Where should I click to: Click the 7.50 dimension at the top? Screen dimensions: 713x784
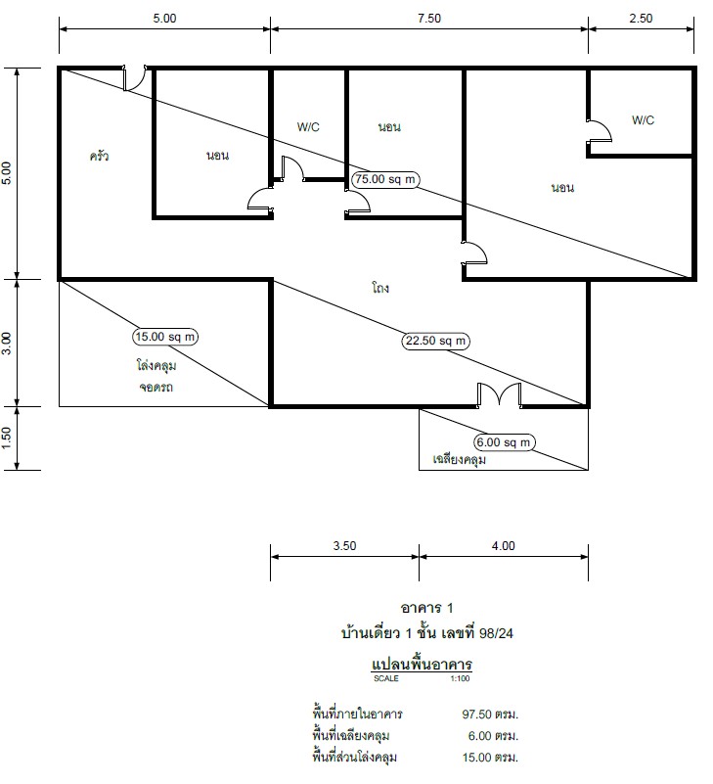pos(429,19)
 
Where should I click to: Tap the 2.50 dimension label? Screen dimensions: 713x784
pos(641,19)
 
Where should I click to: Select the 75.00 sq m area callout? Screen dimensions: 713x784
pos(385,179)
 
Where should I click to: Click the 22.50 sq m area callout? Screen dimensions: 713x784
pos(435,341)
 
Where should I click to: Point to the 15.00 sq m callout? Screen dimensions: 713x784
pos(165,337)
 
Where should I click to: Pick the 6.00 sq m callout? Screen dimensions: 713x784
pos(504,442)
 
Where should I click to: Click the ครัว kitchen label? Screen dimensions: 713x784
pos(99,156)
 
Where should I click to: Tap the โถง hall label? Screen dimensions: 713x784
pos(380,288)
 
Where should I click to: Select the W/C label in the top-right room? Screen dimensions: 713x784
pos(643,120)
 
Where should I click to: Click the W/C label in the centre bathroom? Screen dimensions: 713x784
pos(308,127)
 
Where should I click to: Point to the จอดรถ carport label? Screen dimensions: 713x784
pos(156,387)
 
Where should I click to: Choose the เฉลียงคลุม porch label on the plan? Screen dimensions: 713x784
pos(459,459)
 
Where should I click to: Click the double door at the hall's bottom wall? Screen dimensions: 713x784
pos(499,395)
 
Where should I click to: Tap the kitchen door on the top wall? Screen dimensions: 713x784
pos(134,77)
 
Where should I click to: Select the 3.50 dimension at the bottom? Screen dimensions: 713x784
pos(344,545)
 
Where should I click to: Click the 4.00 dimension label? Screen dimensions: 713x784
pos(503,545)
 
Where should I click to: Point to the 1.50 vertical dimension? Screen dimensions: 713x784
pos(7,438)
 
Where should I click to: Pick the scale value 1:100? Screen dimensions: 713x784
pos(460,678)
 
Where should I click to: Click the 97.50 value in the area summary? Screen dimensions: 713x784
pos(477,714)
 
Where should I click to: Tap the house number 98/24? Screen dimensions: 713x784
pos(496,633)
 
